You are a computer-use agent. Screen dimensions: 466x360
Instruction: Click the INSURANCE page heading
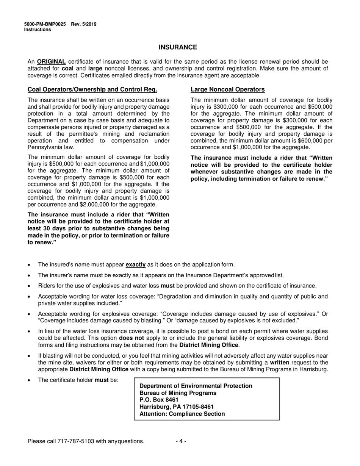click(178, 47)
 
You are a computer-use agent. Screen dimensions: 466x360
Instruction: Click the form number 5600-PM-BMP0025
click(45, 24)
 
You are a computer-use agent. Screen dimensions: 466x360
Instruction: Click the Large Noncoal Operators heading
click(227, 89)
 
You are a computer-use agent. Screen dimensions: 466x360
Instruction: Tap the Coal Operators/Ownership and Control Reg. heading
click(92, 89)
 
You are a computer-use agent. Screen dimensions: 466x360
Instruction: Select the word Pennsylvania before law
click(46, 147)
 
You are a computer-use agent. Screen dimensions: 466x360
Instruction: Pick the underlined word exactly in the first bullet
click(135, 265)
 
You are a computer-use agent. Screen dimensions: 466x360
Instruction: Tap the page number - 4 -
click(181, 441)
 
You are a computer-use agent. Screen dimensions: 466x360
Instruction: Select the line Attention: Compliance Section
click(182, 414)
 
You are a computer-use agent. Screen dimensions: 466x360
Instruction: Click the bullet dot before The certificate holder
click(30, 380)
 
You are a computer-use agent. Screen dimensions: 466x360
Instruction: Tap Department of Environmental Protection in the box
click(196, 386)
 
